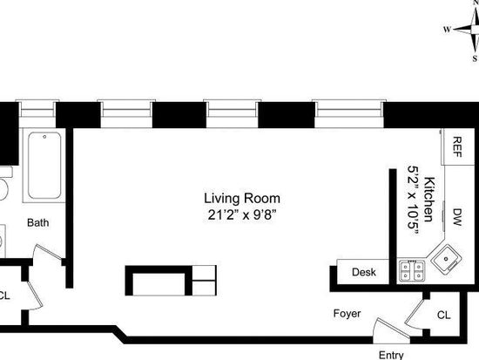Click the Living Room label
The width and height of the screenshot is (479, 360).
point(242,199)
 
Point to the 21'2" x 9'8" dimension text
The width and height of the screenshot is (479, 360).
point(242,215)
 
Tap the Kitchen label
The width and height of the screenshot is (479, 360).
point(429,199)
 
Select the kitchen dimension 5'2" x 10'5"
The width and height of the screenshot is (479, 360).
point(413,200)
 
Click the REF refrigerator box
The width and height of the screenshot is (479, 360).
point(457,147)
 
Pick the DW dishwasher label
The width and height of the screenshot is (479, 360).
point(456,217)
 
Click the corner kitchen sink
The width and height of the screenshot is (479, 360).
point(446,259)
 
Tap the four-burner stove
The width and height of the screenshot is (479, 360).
point(412,271)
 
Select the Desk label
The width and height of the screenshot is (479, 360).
point(363,272)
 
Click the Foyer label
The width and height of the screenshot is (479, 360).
point(347,314)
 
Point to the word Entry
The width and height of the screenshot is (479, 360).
point(391,355)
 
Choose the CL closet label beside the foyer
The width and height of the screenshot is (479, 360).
point(443,315)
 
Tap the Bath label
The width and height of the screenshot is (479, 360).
point(37,222)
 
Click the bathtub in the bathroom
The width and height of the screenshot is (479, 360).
point(44,165)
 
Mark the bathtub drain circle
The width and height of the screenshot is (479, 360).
point(44,137)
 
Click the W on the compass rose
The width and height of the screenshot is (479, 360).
point(447,30)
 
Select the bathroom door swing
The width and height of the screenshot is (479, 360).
point(46,252)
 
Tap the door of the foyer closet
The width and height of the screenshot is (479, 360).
point(415,314)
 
